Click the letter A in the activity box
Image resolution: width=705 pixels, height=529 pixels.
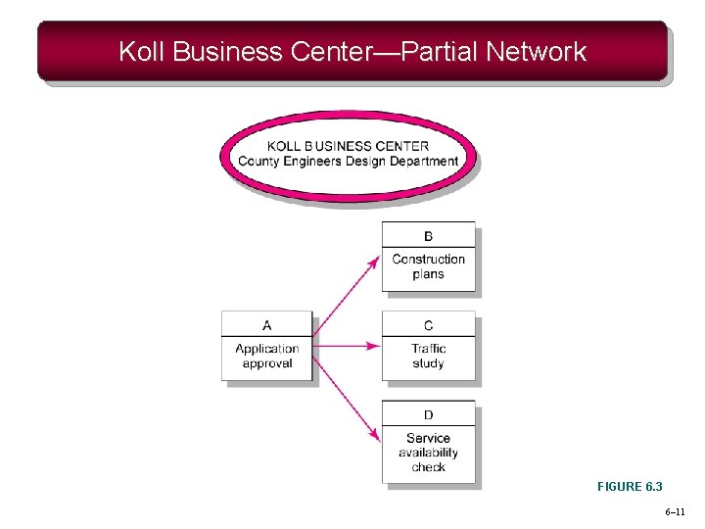[267, 325]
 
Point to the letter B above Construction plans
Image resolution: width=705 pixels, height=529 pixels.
[428, 236]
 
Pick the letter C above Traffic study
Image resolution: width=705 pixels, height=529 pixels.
[428, 325]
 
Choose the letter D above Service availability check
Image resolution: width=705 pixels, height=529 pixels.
[428, 415]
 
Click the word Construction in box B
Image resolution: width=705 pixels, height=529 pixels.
[428, 260]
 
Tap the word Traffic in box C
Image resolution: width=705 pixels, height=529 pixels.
[428, 349]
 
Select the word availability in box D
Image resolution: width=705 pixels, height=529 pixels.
[428, 453]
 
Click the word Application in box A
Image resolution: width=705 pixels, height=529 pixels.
[267, 349]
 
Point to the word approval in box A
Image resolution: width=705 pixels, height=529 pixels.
[267, 363]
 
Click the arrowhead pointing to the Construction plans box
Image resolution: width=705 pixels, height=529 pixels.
[375, 261]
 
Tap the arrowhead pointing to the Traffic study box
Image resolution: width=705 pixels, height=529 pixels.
[374, 345]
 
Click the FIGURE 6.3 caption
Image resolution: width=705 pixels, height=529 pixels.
[630, 487]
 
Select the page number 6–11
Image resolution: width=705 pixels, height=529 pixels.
[675, 512]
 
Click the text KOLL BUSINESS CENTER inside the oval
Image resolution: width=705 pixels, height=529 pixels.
[348, 146]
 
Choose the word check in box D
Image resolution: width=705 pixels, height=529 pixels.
[428, 467]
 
